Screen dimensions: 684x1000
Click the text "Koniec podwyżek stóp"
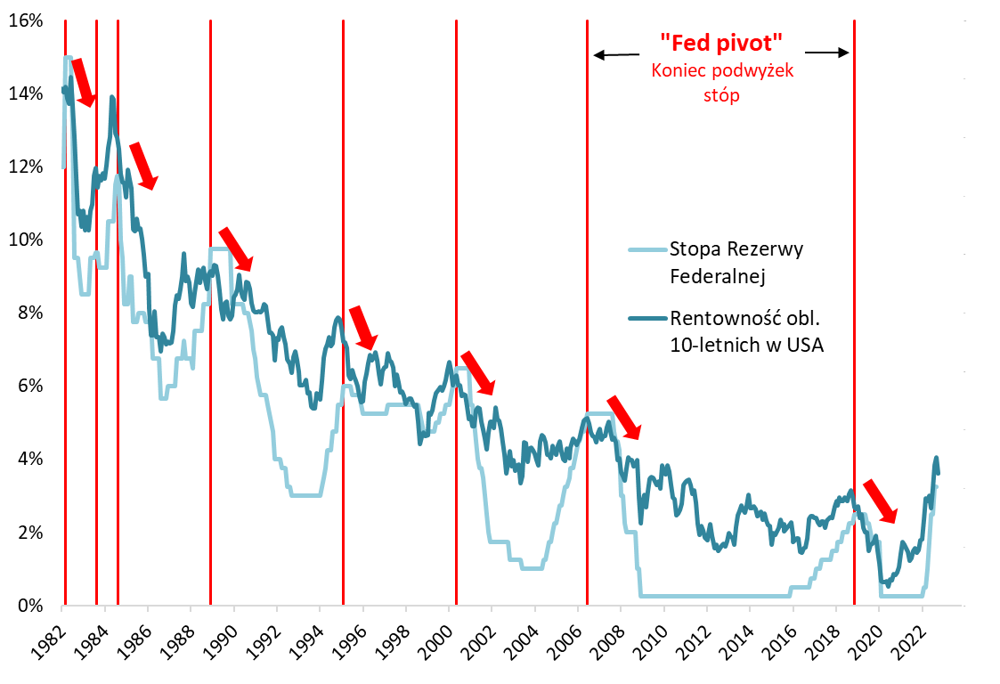coord(720,83)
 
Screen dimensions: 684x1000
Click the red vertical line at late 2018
coord(854,312)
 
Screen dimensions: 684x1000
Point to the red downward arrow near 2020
coord(881,501)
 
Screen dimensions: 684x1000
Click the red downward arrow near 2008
coord(623,418)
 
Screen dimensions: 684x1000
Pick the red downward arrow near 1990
coord(236,248)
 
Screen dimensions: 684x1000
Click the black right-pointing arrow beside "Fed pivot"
coord(833,53)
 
